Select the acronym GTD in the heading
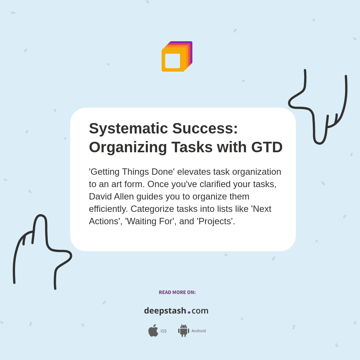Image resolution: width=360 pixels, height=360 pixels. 267,147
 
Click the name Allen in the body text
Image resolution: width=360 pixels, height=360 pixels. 126,196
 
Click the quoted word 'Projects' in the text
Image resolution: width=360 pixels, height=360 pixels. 216,221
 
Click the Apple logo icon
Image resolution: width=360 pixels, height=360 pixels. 153,331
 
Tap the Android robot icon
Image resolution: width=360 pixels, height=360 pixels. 183,331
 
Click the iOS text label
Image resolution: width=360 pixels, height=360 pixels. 163,331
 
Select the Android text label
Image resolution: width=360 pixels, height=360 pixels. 199,331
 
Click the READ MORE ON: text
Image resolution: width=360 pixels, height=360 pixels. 177,292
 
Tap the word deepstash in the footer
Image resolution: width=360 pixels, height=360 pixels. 165,311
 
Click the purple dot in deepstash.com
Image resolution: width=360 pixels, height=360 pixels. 189,312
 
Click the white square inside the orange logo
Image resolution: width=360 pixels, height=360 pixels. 172,61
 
